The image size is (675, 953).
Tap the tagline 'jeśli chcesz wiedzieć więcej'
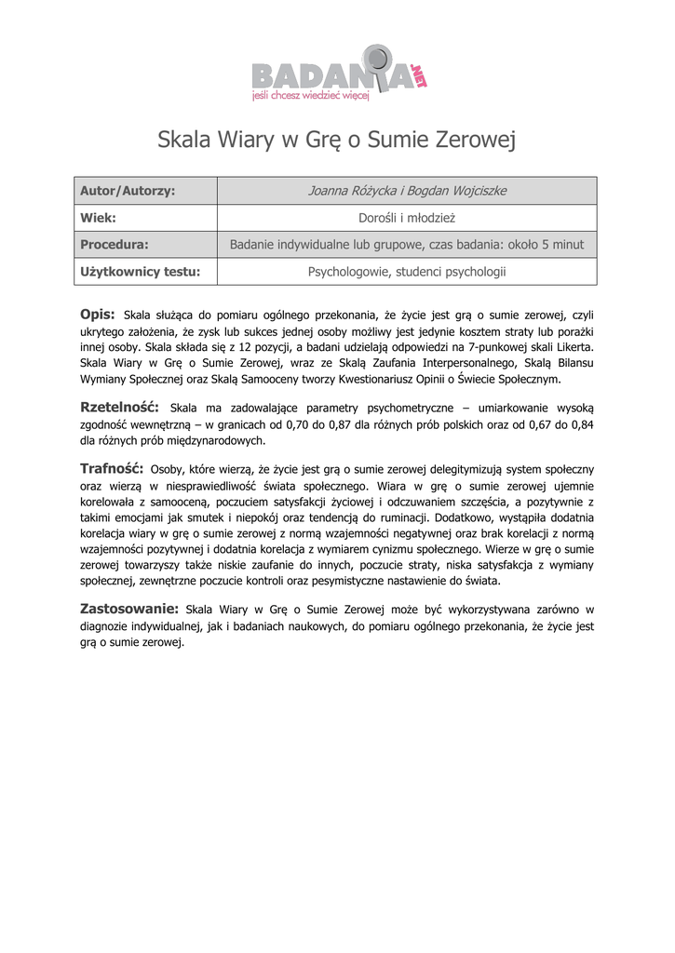point(311,94)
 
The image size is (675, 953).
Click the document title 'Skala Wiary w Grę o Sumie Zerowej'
point(336,141)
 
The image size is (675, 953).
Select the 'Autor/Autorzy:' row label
point(128,191)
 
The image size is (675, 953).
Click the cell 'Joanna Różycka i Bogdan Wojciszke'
point(407,191)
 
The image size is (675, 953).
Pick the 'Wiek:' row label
point(98,218)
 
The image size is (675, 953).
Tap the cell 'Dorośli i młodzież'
point(407,218)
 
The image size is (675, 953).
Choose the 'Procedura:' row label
point(115,245)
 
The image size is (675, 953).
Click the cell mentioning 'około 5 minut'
point(407,245)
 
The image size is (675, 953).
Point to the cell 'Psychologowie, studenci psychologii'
point(407,272)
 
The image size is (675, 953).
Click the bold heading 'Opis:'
point(98,314)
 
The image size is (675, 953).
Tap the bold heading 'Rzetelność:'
point(119,407)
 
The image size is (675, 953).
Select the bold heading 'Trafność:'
point(111,468)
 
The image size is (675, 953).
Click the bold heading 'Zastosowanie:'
point(129,609)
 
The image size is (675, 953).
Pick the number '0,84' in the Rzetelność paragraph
point(581,424)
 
